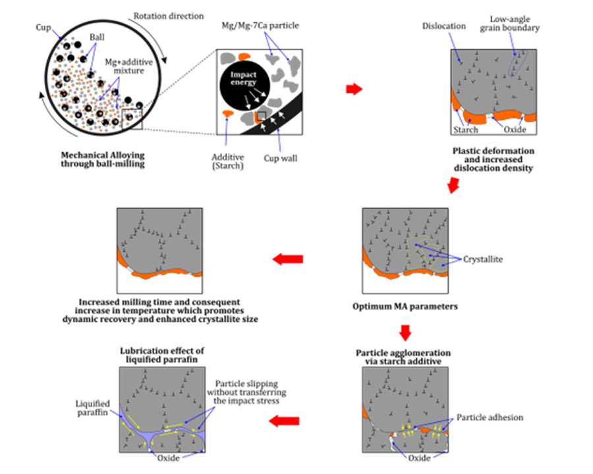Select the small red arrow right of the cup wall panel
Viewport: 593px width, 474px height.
tap(354, 90)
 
